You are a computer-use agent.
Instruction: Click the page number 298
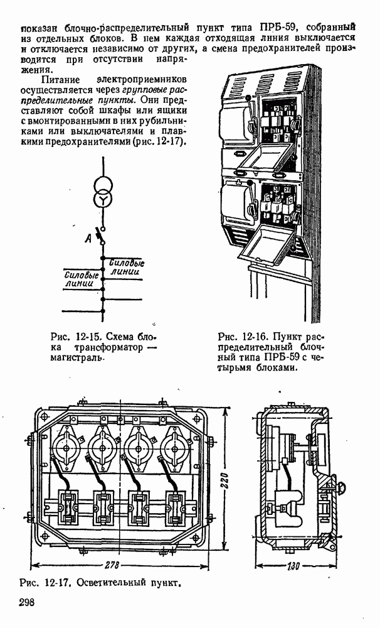tap(26, 603)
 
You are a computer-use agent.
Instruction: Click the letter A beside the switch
tap(90, 238)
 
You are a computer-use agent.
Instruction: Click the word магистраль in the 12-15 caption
tap(77, 358)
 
